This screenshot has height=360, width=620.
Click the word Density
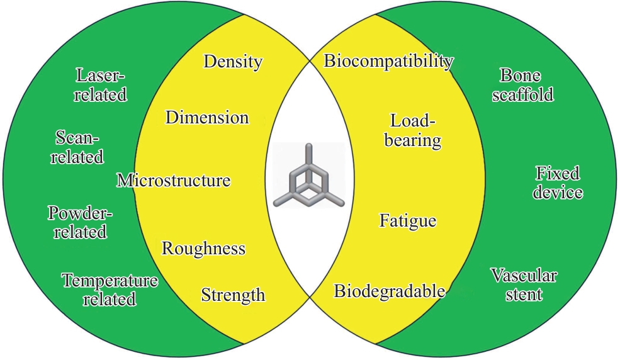(x=233, y=62)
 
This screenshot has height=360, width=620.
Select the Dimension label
(x=207, y=117)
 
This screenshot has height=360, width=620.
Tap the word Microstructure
(x=174, y=180)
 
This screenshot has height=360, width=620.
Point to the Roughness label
(x=203, y=249)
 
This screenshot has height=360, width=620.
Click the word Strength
(x=233, y=295)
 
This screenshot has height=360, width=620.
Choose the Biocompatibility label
(x=388, y=61)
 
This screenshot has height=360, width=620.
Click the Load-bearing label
(x=412, y=130)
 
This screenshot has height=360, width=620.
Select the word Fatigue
(x=408, y=220)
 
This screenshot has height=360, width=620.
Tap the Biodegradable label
(x=390, y=291)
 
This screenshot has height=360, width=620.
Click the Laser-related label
(x=101, y=85)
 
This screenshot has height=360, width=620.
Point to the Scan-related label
(x=77, y=147)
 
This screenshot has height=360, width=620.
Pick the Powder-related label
(x=81, y=222)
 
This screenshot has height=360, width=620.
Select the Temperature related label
(x=110, y=290)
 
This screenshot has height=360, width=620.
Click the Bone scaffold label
(x=522, y=85)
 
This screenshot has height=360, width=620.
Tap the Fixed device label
(x=558, y=183)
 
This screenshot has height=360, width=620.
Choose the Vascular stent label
(x=524, y=284)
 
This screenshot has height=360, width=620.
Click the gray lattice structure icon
(x=309, y=176)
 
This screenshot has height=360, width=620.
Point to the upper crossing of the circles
(x=310, y=62)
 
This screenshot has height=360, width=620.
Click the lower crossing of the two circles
(x=310, y=296)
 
